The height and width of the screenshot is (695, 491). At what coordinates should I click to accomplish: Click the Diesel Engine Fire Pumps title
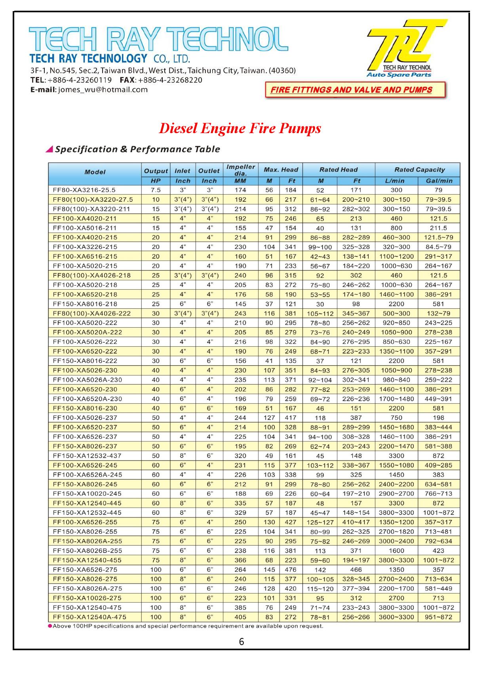[x=240, y=128]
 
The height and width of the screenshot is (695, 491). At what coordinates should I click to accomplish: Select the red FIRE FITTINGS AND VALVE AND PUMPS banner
[x=355, y=90]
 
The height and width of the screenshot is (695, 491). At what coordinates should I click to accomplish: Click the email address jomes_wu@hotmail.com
[x=103, y=90]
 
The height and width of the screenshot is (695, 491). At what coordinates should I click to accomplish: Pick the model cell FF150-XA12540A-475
[x=89, y=617]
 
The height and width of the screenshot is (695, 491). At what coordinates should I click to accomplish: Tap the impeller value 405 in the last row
[x=240, y=617]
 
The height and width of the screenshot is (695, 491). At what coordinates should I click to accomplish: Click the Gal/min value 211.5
[x=438, y=228]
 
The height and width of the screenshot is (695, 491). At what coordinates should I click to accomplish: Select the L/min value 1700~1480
[x=396, y=399]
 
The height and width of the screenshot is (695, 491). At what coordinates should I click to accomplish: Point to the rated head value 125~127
[x=320, y=523]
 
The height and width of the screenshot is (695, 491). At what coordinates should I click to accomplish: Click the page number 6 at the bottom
[x=242, y=642]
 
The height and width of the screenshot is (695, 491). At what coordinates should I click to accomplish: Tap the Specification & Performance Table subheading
[x=137, y=149]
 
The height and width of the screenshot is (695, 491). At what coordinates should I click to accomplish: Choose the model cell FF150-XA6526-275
[x=87, y=570]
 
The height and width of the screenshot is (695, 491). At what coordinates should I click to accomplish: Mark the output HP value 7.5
[x=156, y=190]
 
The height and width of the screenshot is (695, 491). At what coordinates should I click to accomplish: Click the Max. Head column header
[x=281, y=170]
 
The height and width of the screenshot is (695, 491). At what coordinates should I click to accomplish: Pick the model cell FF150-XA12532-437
[x=87, y=456]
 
